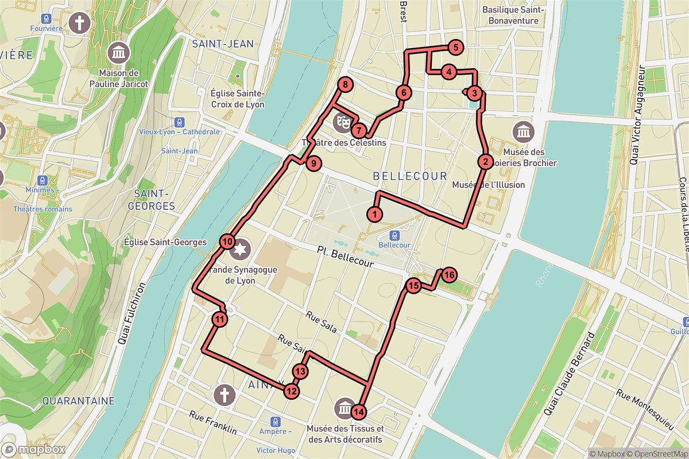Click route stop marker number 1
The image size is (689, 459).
[374, 215]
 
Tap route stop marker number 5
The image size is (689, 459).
[455, 48]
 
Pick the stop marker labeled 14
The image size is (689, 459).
[359, 411]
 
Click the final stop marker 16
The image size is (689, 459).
[449, 275]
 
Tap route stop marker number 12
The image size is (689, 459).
[292, 391]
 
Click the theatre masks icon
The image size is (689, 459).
[343, 122]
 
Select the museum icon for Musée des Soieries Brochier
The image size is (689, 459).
[523, 133]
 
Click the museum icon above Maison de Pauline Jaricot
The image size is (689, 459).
[119, 53]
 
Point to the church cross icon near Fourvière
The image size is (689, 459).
[80, 23]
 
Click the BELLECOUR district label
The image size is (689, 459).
[409, 176]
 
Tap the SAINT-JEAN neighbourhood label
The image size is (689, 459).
[223, 44]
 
